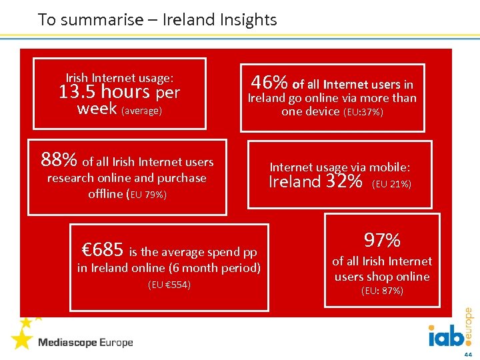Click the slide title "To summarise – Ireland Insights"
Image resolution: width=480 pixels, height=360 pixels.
(x=157, y=20)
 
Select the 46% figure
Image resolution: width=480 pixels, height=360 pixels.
(x=269, y=83)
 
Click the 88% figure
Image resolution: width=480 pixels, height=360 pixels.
(x=59, y=160)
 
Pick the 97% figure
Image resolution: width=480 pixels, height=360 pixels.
(x=382, y=240)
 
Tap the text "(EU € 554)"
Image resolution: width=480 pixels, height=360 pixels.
(x=169, y=285)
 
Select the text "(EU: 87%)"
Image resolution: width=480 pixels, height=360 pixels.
(x=382, y=291)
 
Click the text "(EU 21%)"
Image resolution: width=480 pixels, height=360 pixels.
(x=391, y=183)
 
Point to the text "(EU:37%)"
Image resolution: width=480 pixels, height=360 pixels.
(x=363, y=113)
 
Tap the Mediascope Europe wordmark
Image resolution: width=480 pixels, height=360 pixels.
(x=85, y=343)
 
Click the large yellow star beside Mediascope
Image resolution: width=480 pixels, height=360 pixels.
(x=21, y=339)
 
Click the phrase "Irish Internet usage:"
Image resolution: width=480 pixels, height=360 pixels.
(x=119, y=78)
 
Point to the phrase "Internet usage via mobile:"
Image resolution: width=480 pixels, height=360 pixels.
(x=339, y=167)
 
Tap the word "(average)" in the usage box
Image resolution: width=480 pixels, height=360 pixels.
(x=141, y=111)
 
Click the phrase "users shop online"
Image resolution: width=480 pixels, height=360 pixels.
(x=382, y=277)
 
